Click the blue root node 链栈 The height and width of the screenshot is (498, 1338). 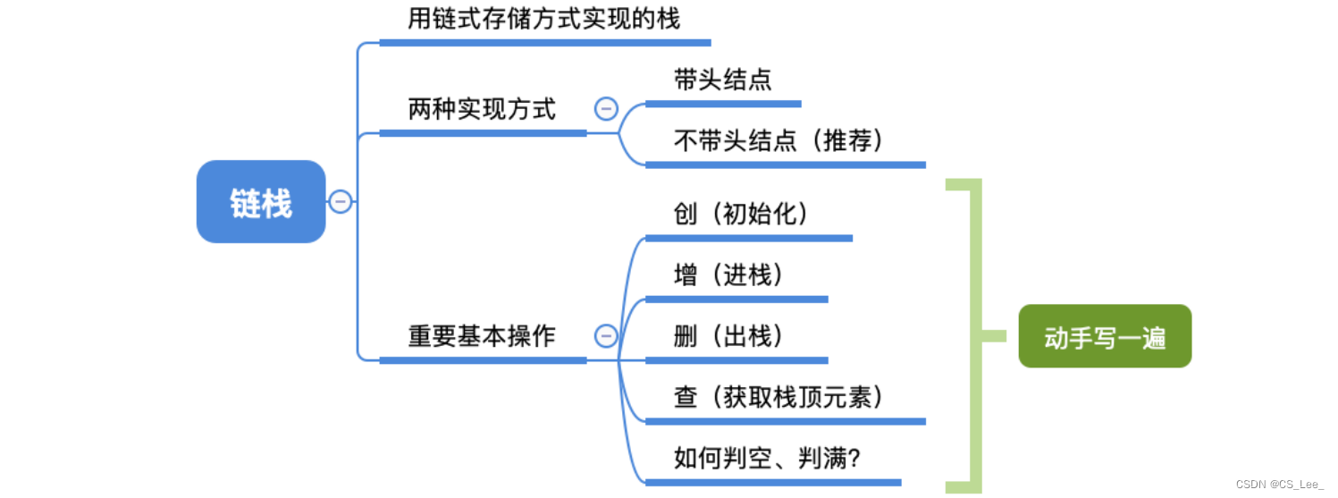[261, 202]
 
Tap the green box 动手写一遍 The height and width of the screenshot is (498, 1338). [1105, 337]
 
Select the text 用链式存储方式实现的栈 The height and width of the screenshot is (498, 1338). [543, 19]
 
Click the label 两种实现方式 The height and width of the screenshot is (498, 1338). [482, 110]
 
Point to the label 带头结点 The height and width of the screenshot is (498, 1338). [722, 80]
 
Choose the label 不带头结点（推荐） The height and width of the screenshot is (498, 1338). [778, 141]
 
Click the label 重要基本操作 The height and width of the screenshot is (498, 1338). [482, 336]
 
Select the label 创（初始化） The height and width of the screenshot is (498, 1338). [740, 214]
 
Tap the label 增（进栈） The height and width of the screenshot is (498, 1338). [728, 275]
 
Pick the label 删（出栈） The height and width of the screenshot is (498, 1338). [728, 336]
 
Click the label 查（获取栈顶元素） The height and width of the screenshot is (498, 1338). [778, 397]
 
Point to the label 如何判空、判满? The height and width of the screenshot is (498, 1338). [766, 459]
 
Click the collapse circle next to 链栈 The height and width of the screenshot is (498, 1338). [340, 202]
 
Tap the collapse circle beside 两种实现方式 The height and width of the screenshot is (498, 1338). [605, 109]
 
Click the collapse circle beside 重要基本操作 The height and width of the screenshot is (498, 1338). [605, 335]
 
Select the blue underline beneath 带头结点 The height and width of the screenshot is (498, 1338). [722, 104]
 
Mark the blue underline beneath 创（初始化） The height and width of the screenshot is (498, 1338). [748, 239]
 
